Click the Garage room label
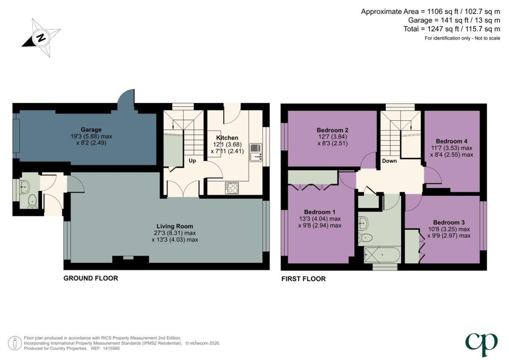click(91, 129)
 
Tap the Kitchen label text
click(227, 138)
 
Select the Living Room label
click(174, 226)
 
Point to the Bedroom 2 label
click(333, 130)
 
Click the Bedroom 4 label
click(451, 141)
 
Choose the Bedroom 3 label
click(449, 222)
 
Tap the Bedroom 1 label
click(320, 212)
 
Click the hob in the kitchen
click(232, 188)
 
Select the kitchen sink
click(256, 152)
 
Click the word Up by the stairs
click(192, 161)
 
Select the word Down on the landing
click(389, 161)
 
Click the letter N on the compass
click(41, 38)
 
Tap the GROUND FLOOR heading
click(90, 278)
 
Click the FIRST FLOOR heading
click(304, 279)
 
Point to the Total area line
click(452, 29)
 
